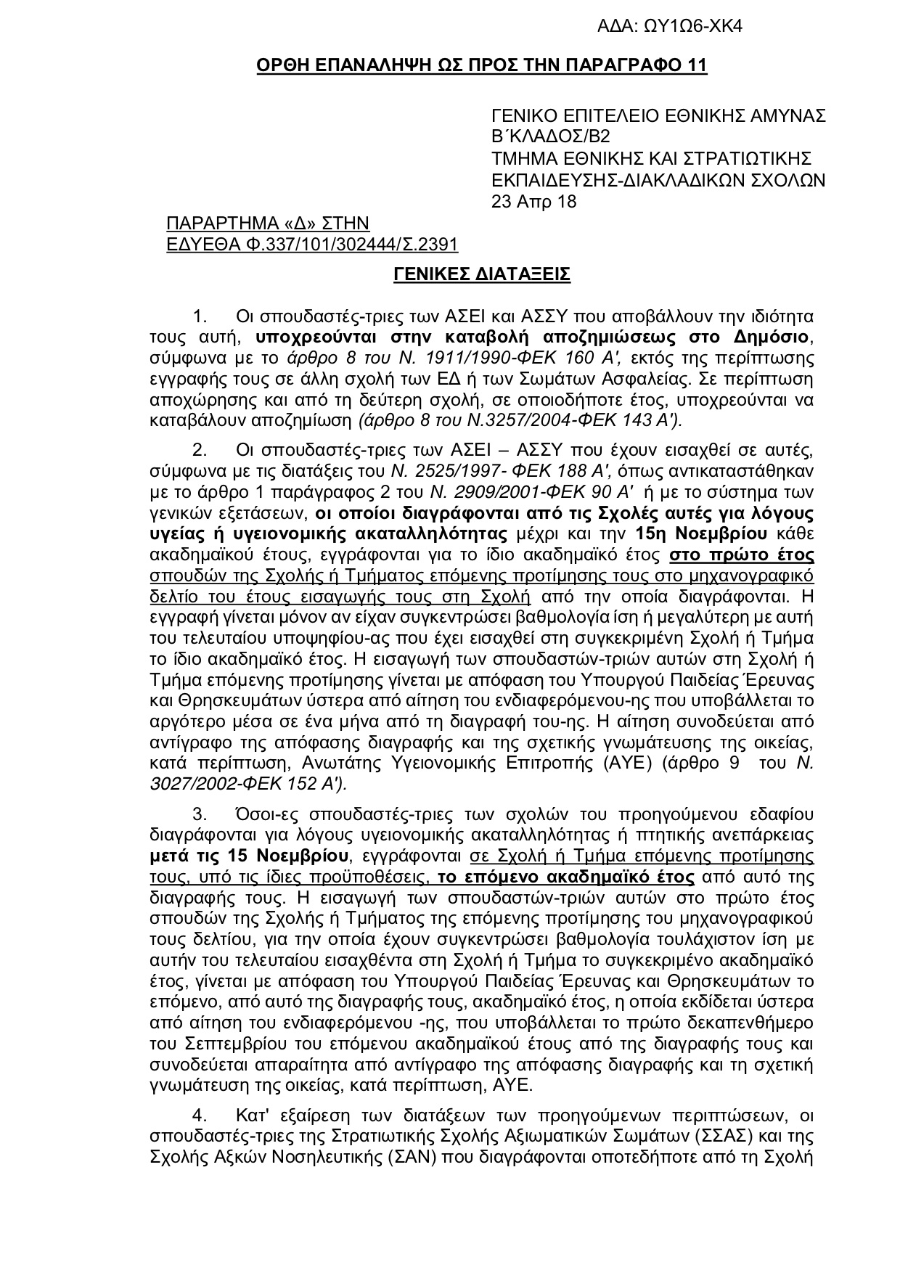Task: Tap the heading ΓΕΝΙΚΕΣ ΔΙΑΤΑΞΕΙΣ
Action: coord(482,274)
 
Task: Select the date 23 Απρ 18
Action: coord(534,202)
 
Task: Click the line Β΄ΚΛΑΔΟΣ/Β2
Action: coord(551,137)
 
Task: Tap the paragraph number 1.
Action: coord(200,316)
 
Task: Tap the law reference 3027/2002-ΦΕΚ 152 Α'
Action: coord(247,784)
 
